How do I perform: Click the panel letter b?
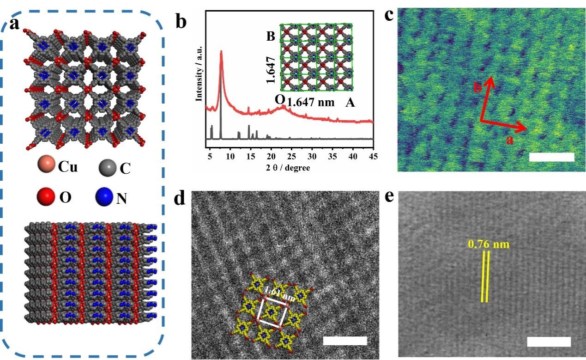pos(180,20)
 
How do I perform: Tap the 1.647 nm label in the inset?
pos(310,103)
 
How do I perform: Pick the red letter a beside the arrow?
pos(510,140)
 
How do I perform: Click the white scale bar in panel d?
pos(345,341)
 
